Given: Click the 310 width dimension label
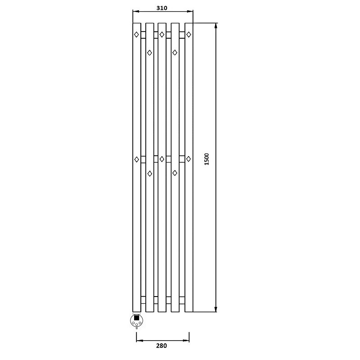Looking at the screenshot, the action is pyautogui.click(x=162, y=8).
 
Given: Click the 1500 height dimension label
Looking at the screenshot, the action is pyautogui.click(x=207, y=159).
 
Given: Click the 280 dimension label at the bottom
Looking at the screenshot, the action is pyautogui.click(x=162, y=346).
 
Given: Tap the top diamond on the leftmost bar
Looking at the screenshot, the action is pyautogui.click(x=136, y=35).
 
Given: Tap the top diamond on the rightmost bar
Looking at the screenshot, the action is pyautogui.click(x=189, y=35).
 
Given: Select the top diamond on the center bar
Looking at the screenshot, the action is pyautogui.click(x=162, y=35).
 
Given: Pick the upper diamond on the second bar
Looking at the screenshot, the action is pyautogui.click(x=149, y=53).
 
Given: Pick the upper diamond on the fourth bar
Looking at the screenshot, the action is pyautogui.click(x=175, y=53).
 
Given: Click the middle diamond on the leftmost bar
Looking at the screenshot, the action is pyautogui.click(x=137, y=159).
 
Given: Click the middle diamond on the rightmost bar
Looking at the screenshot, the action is pyautogui.click(x=189, y=159).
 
